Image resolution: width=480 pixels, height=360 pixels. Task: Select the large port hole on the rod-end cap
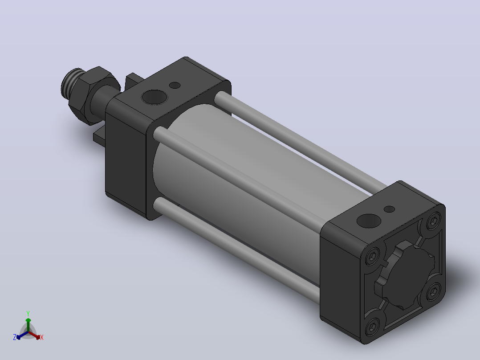[x=155, y=97]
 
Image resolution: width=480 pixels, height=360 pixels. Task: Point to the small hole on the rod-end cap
[x=175, y=85]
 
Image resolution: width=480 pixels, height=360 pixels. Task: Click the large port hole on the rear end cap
[x=369, y=221]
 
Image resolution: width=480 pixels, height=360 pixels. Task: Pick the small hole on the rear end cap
[x=389, y=209]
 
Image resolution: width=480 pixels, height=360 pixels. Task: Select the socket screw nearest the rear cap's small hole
[x=434, y=221]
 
